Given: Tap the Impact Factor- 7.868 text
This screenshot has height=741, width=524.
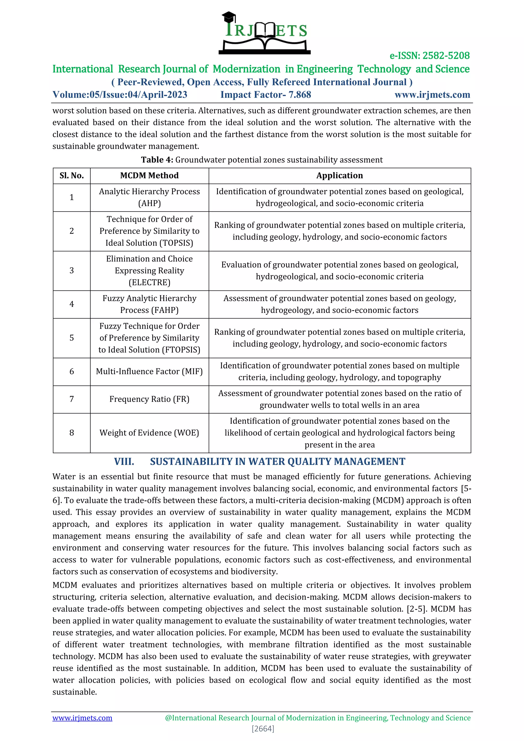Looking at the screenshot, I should [x=266, y=95].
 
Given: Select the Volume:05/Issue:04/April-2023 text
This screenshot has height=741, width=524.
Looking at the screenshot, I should [x=120, y=95].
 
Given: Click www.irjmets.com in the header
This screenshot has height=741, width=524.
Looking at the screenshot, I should [x=432, y=95].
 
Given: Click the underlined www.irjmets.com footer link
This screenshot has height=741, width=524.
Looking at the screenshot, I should [x=82, y=718].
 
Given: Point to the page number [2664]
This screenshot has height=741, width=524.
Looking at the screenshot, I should [x=263, y=729].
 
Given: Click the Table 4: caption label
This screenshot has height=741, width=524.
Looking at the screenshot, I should [x=157, y=160].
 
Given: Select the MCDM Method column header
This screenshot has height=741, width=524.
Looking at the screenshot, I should [x=149, y=176].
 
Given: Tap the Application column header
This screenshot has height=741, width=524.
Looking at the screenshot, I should [x=340, y=176].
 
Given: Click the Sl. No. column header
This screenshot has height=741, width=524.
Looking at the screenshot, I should [x=72, y=176].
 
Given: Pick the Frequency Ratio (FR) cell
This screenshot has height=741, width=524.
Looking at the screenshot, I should [x=149, y=399].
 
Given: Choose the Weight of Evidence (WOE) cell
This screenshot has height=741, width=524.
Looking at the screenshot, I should [x=149, y=433].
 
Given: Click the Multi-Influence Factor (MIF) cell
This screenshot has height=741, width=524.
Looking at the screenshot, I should [x=149, y=372].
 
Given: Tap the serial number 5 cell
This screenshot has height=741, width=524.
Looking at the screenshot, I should [x=72, y=338].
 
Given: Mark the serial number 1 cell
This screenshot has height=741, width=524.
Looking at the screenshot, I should [x=72, y=197].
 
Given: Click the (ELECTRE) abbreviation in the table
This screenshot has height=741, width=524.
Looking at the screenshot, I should [x=149, y=282].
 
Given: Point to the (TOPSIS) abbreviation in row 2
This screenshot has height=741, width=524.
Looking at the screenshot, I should [x=176, y=243].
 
